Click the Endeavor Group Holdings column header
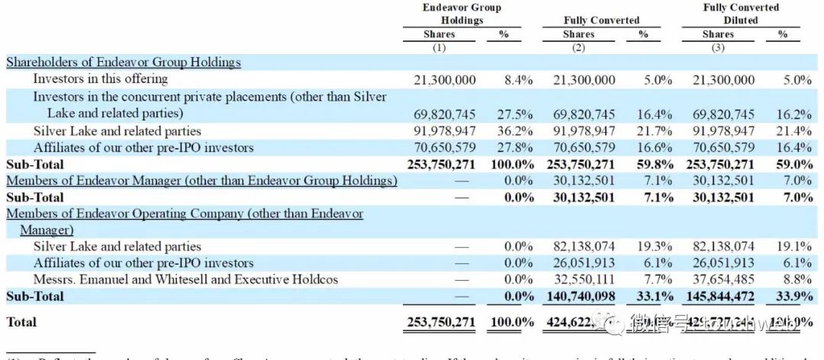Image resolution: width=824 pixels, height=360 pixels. pos(462,14)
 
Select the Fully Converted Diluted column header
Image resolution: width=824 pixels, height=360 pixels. pos(741,14)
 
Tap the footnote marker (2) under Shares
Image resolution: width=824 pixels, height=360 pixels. pos(578,48)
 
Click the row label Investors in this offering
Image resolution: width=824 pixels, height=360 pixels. pos(100,79)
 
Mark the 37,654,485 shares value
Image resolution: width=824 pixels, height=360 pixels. pos(723,279)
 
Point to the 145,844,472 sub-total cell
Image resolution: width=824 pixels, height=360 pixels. pos(719,296)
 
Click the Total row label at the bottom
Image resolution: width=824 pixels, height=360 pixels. pos(21,323)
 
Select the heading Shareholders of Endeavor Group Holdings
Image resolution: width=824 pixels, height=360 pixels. pos(124,63)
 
